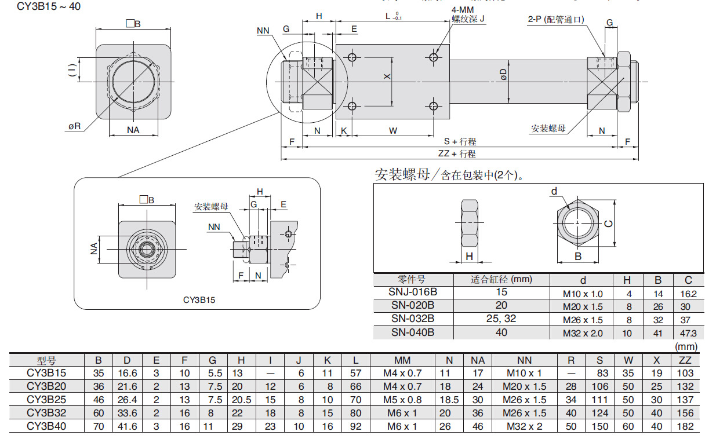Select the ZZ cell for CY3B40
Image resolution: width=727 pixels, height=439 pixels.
(x=685, y=426)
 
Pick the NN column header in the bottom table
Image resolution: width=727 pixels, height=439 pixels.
(x=524, y=360)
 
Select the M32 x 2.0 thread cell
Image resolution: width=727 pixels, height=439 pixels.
(x=583, y=332)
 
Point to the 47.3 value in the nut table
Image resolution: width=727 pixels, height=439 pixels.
(x=688, y=332)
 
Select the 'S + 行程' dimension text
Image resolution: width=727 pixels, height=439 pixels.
(x=460, y=141)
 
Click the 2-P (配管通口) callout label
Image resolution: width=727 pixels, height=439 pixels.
(x=555, y=20)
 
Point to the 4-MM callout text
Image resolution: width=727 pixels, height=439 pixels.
(x=463, y=10)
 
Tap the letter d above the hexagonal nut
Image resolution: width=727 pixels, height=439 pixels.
(x=554, y=191)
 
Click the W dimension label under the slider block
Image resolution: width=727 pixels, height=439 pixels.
(x=393, y=131)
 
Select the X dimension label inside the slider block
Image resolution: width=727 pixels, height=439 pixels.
(x=387, y=76)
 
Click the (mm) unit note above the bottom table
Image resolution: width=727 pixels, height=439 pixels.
(x=686, y=347)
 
